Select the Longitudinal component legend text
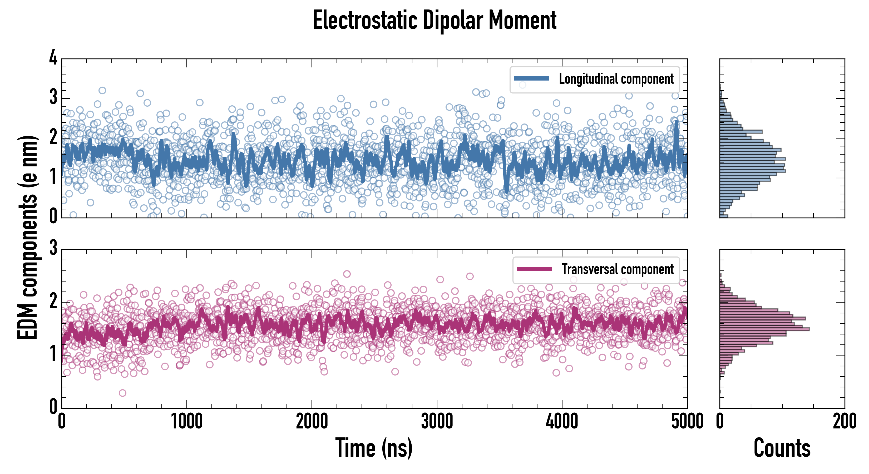616,79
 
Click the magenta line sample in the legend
534,269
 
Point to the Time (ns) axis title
374,448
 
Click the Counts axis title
782,448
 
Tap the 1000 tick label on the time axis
186,422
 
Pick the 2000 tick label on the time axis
312,422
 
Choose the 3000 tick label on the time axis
437,422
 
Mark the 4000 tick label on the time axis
562,422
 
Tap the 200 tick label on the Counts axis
844,422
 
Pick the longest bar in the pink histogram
764,329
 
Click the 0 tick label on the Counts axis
720,422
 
